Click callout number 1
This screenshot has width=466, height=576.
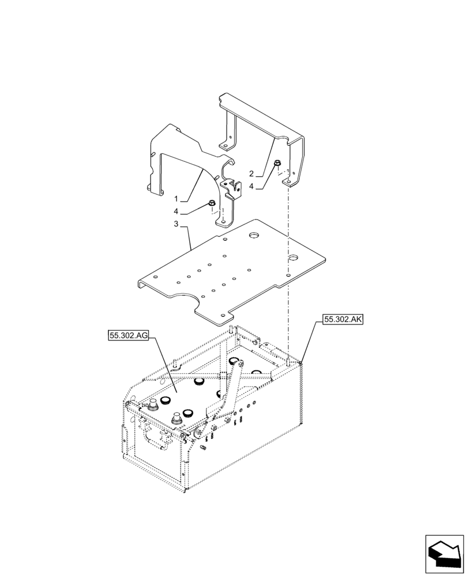(x=183, y=199)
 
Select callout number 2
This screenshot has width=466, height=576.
(x=251, y=173)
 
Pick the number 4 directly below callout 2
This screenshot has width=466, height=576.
(x=251, y=186)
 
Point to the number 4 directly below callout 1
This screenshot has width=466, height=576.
(x=183, y=211)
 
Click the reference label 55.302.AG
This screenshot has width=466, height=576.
(x=128, y=335)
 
